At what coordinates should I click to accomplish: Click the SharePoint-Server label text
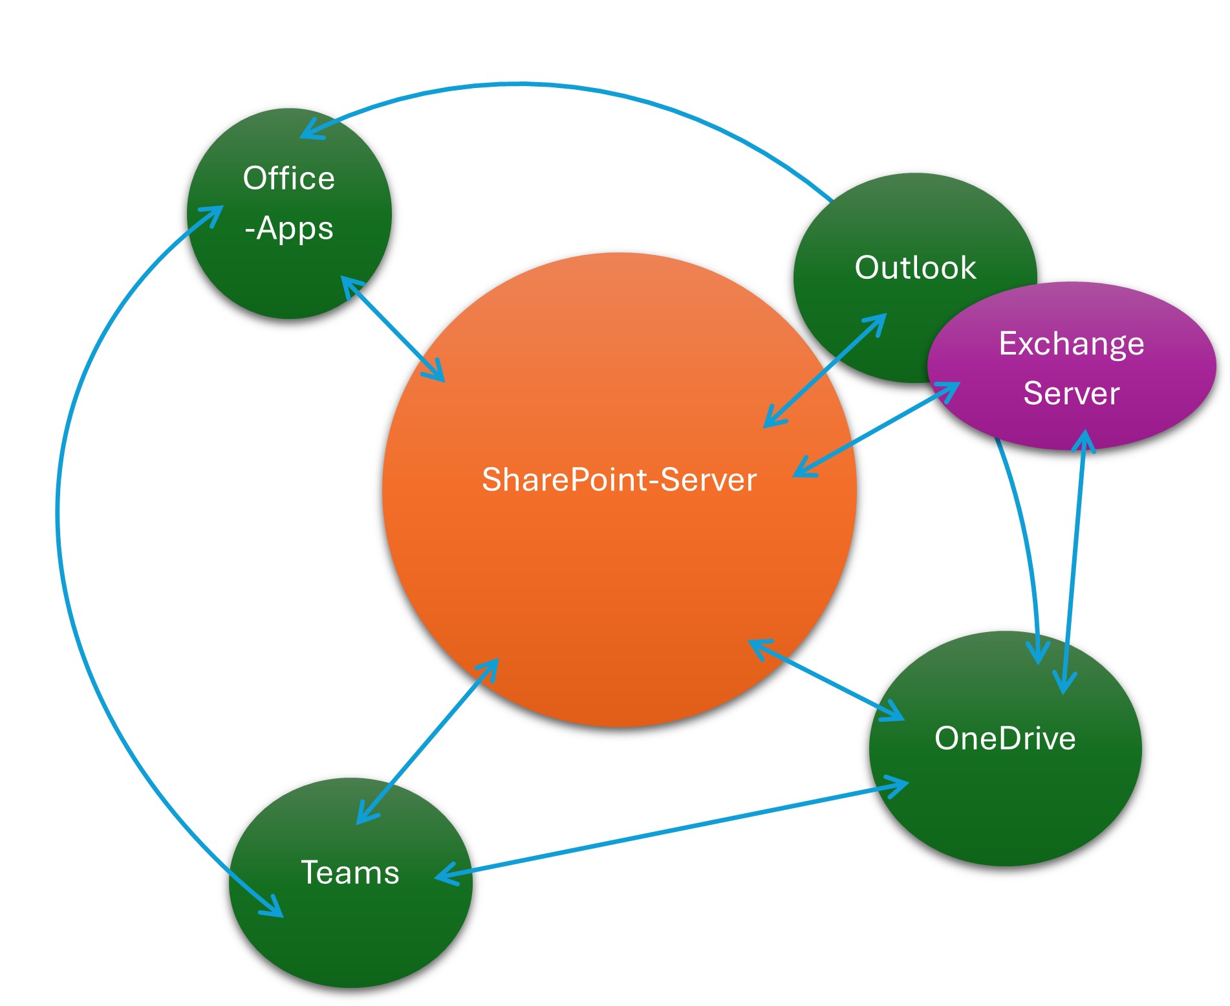(619, 480)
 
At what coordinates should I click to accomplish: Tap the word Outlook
(915, 268)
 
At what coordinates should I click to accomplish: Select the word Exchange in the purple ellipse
(1072, 344)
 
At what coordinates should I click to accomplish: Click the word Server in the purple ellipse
(1072, 393)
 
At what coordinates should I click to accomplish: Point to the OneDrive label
(1005, 738)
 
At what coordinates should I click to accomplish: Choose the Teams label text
(350, 872)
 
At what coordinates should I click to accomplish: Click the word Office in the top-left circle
(289, 179)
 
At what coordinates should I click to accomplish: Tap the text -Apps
(289, 228)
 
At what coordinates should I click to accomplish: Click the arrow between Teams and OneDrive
(673, 830)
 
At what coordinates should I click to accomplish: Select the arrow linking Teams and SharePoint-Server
(427, 741)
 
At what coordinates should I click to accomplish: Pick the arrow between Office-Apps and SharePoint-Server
(393, 329)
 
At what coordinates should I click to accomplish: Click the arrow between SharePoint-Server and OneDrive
(826, 680)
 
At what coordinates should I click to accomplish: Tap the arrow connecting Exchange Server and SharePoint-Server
(876, 430)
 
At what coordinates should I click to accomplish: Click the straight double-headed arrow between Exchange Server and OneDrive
(1074, 563)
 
